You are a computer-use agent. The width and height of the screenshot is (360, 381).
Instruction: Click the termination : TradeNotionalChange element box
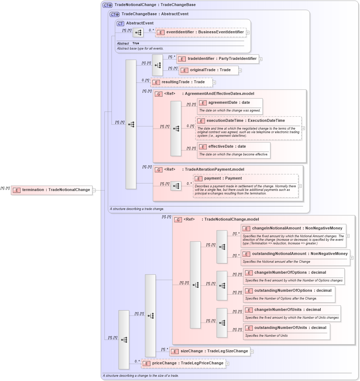click(x=52, y=190)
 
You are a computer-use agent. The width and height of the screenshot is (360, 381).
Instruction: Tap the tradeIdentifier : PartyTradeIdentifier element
click(x=218, y=59)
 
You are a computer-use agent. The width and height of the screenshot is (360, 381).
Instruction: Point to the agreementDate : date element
click(x=229, y=103)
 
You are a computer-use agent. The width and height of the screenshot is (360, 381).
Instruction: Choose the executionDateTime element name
click(x=245, y=121)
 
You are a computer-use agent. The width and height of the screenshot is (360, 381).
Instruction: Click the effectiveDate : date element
click(x=227, y=147)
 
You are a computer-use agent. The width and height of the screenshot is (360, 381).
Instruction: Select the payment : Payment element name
click(x=223, y=178)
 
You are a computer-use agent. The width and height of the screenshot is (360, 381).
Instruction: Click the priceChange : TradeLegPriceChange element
click(x=183, y=363)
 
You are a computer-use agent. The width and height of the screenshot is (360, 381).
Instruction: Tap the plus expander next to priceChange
click(x=228, y=363)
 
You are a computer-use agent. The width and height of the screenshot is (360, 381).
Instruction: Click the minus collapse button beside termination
click(x=94, y=190)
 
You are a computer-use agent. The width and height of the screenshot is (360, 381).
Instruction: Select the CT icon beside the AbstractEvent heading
click(x=120, y=23)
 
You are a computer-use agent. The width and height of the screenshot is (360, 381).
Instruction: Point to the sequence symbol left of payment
click(x=176, y=186)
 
